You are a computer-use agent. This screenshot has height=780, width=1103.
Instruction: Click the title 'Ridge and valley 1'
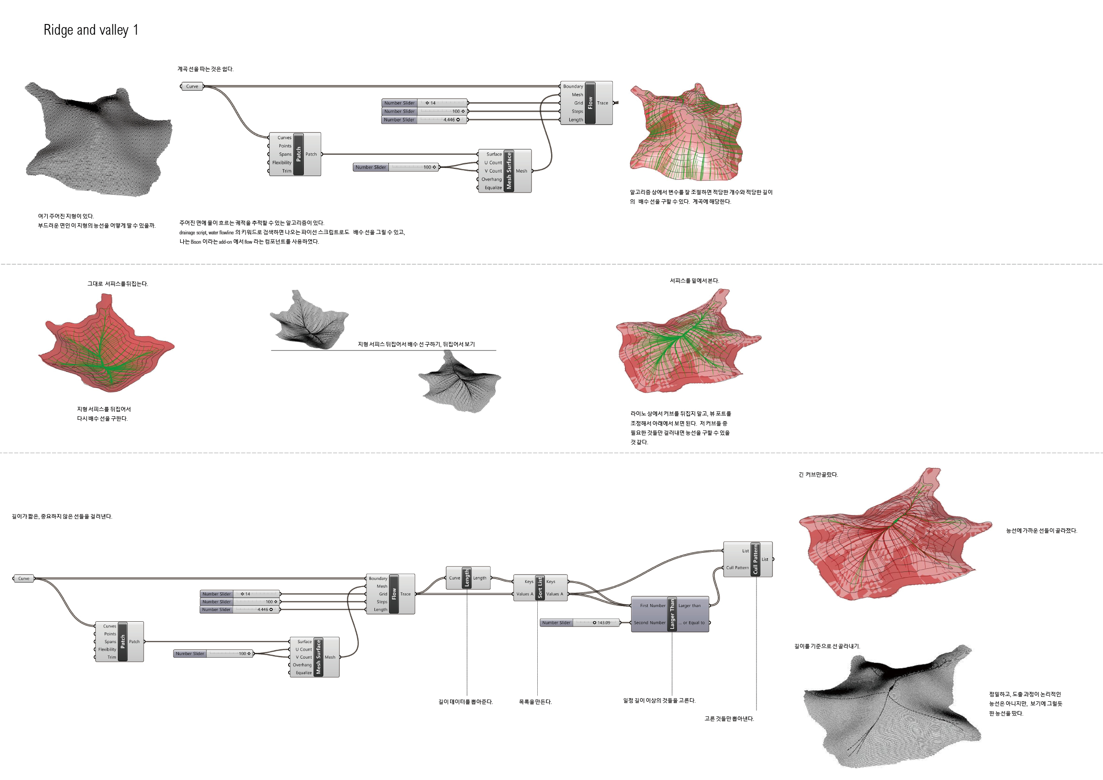click(91, 30)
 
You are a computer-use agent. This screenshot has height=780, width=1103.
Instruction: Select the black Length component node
click(467, 578)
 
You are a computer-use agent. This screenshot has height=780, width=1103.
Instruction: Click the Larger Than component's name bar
click(672, 614)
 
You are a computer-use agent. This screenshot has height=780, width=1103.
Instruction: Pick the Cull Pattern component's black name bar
click(755, 559)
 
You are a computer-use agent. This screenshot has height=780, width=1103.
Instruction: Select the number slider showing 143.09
click(580, 623)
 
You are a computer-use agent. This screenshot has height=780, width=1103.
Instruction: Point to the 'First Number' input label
click(652, 606)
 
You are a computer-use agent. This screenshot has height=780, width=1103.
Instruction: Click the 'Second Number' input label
click(649, 623)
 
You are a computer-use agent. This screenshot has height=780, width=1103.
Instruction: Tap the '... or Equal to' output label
click(692, 623)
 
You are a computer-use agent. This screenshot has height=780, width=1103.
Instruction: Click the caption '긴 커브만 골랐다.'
click(818, 474)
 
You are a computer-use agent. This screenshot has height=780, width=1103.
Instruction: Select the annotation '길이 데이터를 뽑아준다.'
click(466, 702)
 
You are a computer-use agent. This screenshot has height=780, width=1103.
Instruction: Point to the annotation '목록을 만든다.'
click(535, 702)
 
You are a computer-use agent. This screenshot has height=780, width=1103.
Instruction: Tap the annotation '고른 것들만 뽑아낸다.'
click(729, 719)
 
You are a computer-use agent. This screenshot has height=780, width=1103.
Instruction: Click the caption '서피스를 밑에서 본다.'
click(694, 281)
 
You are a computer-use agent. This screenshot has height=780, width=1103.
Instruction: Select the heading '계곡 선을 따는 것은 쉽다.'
click(205, 69)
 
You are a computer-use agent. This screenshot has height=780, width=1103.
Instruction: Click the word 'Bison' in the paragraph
click(196, 242)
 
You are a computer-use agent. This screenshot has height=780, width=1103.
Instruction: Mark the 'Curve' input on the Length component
click(454, 578)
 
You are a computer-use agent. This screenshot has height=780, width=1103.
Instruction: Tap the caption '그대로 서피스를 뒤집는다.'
click(118, 284)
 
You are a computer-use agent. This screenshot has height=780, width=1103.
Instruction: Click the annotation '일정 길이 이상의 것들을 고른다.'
click(659, 701)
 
